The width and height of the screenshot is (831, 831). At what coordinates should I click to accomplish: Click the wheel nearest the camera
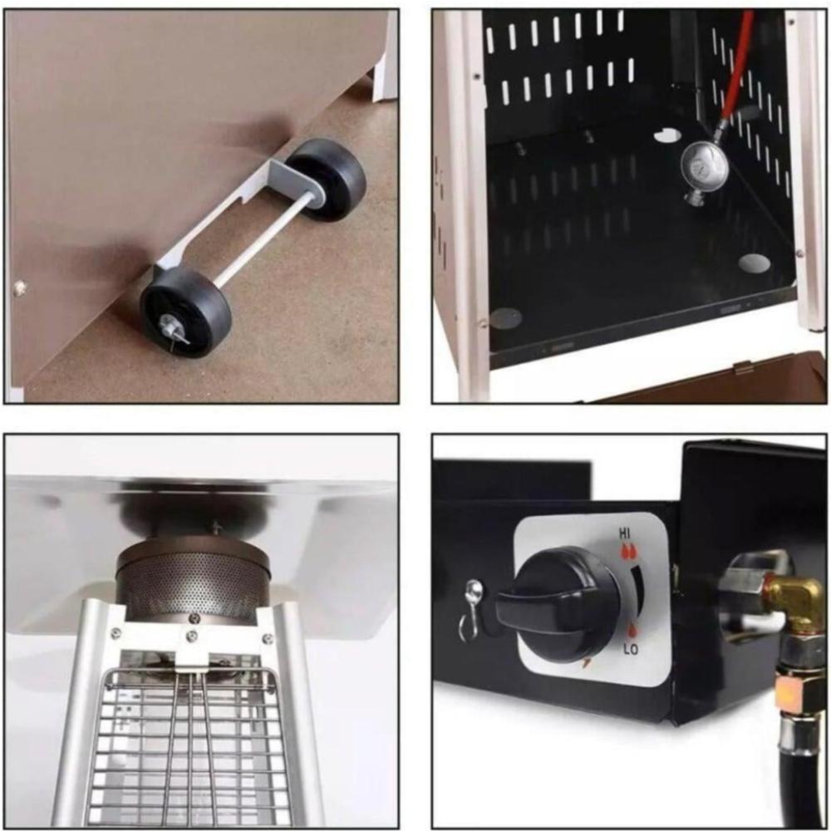(x=185, y=312)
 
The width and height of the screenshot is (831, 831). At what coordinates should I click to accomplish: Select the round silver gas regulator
(x=705, y=169)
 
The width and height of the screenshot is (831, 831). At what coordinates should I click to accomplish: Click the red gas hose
(x=735, y=69)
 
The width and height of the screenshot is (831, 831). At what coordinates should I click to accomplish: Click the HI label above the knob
(x=626, y=533)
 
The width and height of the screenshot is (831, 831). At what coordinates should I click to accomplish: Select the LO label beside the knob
(x=630, y=648)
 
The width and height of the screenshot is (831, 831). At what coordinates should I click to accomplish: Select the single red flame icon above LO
(x=632, y=631)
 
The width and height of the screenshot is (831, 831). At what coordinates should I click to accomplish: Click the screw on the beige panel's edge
(x=20, y=288)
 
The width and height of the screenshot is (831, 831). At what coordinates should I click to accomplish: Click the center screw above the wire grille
(x=192, y=636)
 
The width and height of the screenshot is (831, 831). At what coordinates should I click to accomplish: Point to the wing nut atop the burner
(x=216, y=528)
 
